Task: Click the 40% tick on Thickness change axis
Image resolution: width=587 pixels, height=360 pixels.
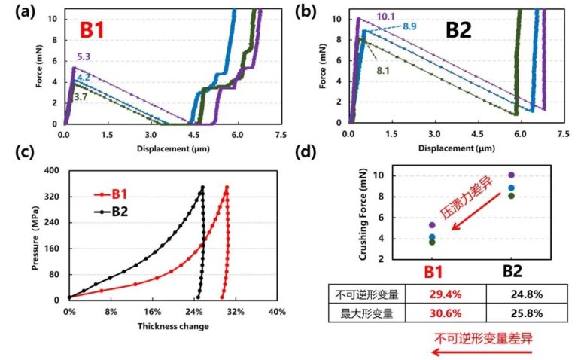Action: tap(277, 310)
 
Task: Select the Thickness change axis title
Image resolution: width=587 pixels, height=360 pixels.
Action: tap(172, 326)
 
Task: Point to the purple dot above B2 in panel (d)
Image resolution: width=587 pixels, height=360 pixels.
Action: tap(512, 175)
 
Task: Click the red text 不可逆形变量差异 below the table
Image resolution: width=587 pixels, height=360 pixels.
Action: tap(483, 337)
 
